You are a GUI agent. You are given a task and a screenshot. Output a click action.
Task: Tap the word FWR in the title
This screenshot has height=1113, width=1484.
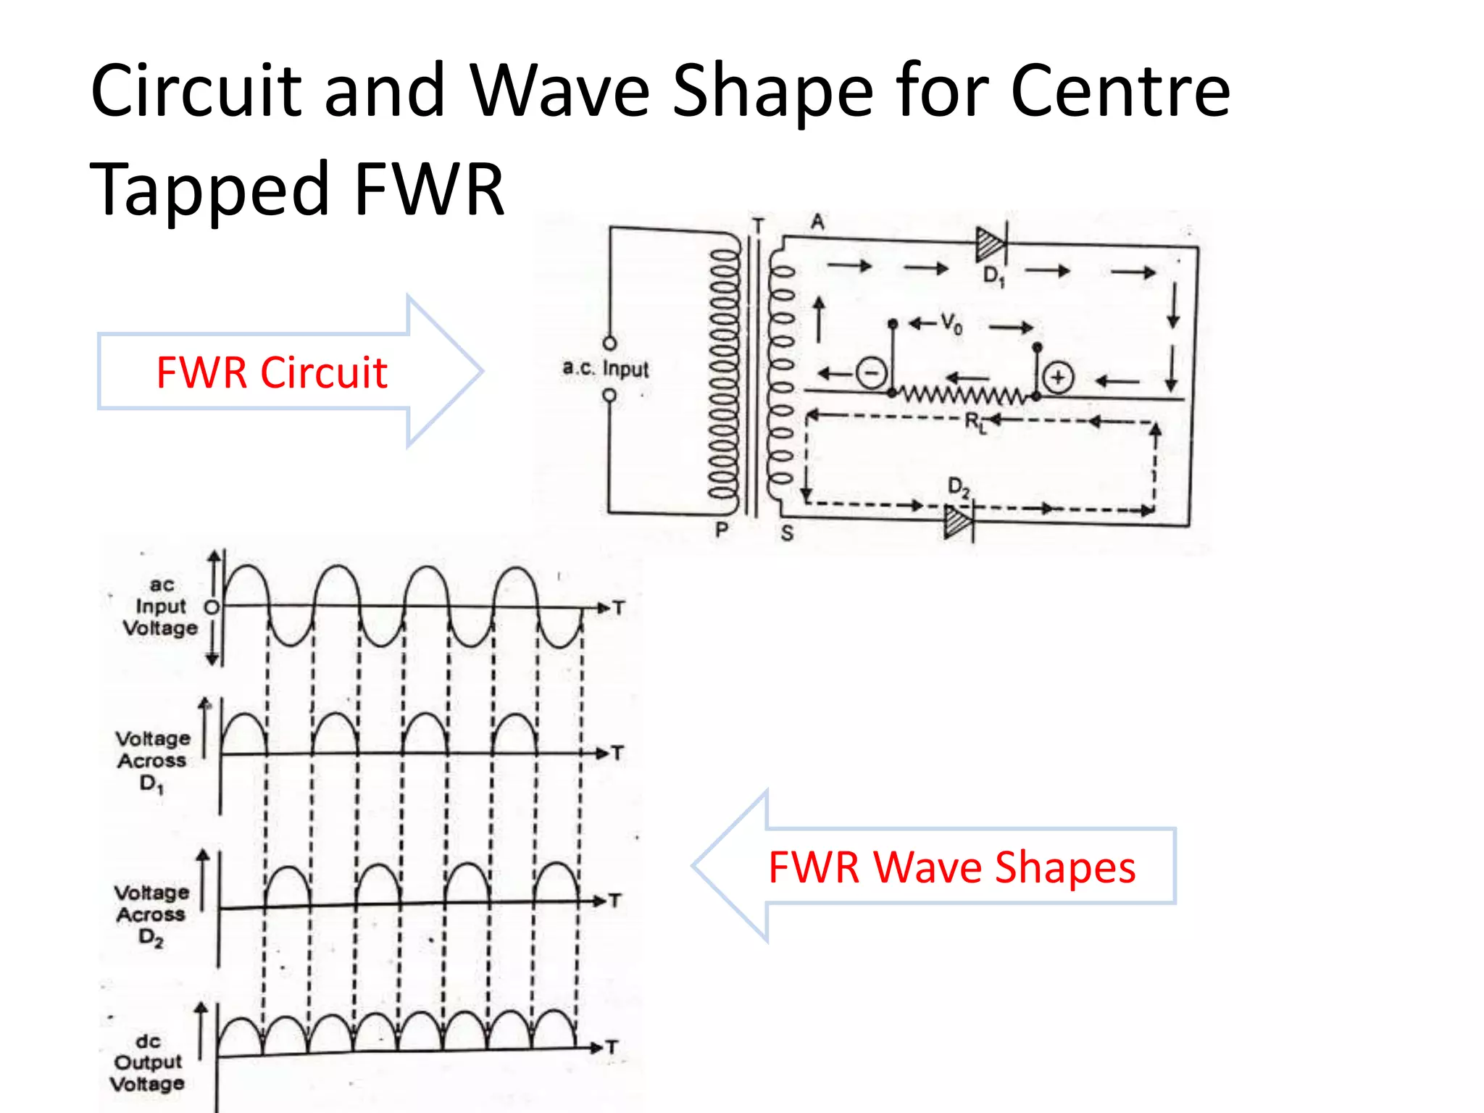429,190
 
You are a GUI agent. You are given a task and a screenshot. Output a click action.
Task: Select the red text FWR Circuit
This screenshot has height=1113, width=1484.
272,372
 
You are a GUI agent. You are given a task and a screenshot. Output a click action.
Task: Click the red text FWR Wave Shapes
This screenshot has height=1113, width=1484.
951,867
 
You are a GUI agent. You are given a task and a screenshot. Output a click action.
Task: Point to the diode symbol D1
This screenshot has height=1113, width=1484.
991,244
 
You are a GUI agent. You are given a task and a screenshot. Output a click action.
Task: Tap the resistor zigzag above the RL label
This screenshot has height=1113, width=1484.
964,395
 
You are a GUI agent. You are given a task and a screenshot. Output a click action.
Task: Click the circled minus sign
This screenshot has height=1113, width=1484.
871,373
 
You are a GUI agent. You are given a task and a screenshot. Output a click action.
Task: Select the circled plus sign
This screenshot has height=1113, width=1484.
1058,378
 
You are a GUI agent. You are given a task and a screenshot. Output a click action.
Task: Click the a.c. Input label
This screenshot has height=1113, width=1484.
606,368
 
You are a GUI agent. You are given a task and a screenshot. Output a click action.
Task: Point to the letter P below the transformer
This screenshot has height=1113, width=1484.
721,530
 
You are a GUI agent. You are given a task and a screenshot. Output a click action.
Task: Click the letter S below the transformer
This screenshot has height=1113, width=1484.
787,533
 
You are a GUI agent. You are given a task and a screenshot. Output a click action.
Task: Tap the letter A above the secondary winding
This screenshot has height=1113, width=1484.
817,222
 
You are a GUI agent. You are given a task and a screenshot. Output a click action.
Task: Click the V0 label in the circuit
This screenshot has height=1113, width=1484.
951,323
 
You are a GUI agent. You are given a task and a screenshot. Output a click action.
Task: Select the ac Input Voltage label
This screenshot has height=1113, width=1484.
160,606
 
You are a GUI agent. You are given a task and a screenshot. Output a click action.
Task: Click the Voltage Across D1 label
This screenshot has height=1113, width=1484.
153,761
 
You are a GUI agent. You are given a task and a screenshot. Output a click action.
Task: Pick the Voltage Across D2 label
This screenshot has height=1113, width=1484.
151,914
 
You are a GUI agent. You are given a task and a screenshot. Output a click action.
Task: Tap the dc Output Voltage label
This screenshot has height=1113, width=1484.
148,1062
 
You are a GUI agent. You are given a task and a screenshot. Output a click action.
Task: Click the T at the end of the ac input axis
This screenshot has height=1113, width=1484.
618,608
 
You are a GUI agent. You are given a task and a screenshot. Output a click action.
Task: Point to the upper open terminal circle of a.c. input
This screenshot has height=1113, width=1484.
610,343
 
